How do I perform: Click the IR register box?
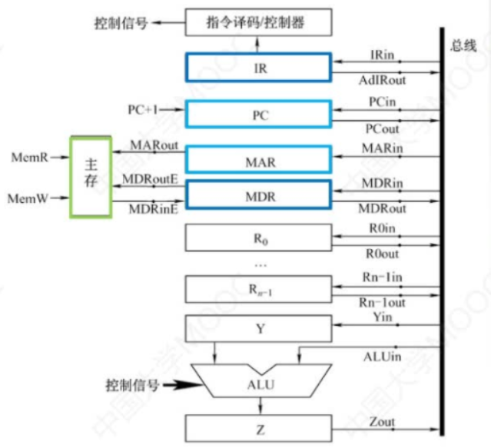(x=259, y=67)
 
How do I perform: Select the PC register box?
(x=259, y=114)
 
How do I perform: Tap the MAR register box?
(x=259, y=161)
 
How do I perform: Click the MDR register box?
(x=259, y=195)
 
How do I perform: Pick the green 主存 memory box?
(x=91, y=177)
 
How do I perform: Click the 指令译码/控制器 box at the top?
(x=259, y=22)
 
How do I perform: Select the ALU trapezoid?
(x=259, y=382)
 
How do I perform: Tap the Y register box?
(x=259, y=329)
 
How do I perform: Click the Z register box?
(x=259, y=428)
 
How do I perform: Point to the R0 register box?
(x=259, y=239)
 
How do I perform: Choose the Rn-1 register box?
(x=259, y=290)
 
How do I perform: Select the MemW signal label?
(x=30, y=198)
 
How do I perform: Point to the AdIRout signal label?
(x=382, y=80)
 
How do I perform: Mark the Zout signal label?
(x=382, y=422)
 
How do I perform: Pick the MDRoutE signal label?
(x=151, y=180)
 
